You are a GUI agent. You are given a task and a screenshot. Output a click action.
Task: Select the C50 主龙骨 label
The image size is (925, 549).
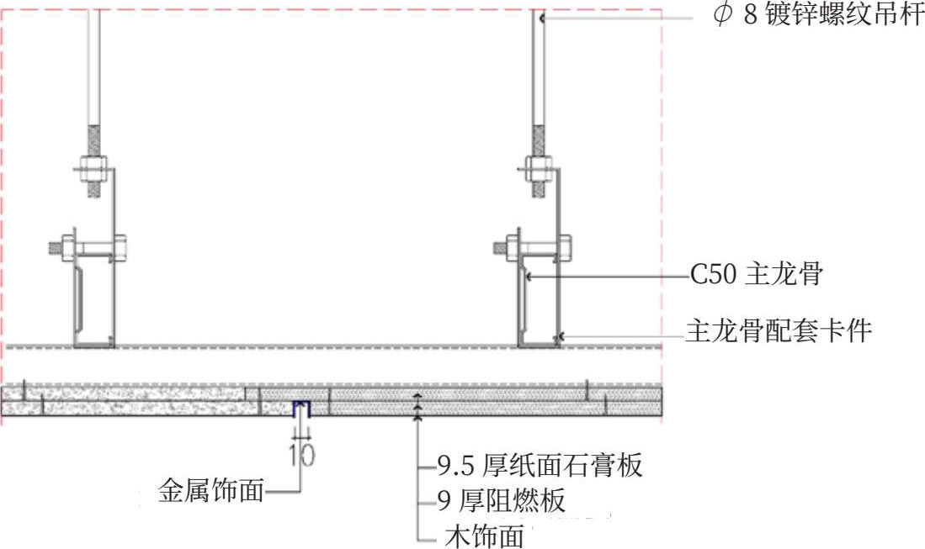point(757,274)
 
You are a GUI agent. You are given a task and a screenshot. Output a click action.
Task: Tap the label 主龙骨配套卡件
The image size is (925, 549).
point(779,331)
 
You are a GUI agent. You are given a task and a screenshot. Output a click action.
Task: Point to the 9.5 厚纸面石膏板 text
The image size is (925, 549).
point(540,466)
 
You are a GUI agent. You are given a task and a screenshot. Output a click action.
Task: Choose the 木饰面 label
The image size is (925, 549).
point(484,536)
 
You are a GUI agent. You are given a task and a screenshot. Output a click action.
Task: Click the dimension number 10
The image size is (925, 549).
point(302,455)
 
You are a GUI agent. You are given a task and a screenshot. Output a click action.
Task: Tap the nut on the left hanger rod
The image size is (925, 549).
point(93,170)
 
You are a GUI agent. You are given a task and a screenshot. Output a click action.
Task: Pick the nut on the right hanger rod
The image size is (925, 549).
point(539,170)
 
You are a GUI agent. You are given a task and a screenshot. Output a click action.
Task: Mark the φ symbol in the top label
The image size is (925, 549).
point(723,15)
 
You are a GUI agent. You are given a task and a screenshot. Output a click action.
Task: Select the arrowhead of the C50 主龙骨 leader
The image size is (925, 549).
point(529,275)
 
